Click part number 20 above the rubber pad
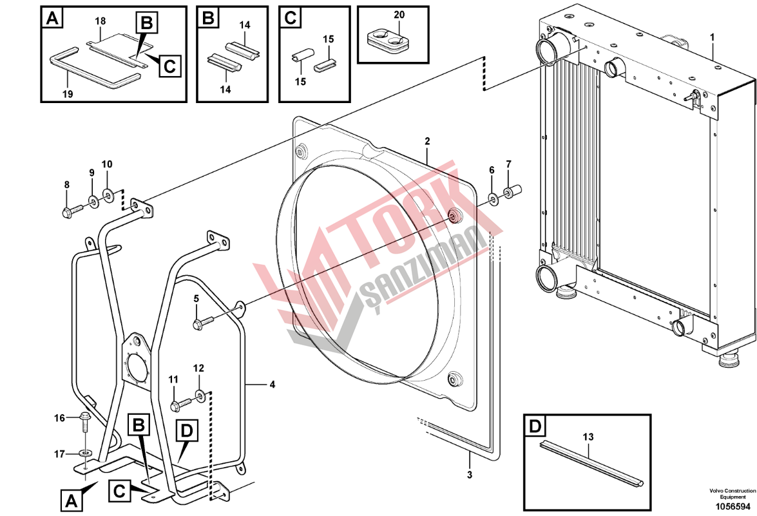399,15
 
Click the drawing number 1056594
733,506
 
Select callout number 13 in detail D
588,437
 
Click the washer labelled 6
492,198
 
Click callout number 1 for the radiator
712,37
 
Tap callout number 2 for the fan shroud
427,142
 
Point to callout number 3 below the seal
470,475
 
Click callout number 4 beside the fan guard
273,385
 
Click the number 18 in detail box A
100,21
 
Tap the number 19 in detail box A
68,93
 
